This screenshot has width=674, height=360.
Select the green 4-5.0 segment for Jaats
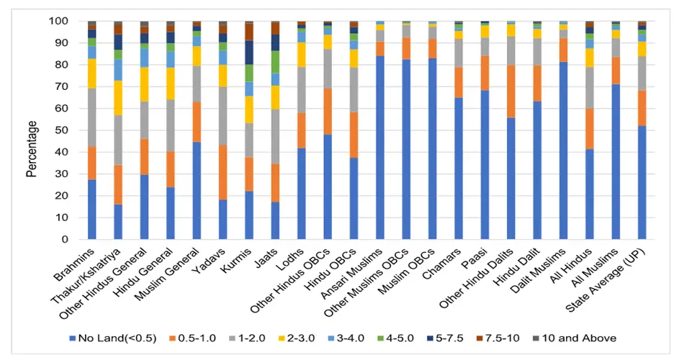pyautogui.click(x=275, y=62)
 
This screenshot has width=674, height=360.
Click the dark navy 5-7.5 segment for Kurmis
pyautogui.click(x=248, y=53)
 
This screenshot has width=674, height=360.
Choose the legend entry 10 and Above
pyautogui.click(x=582, y=338)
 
